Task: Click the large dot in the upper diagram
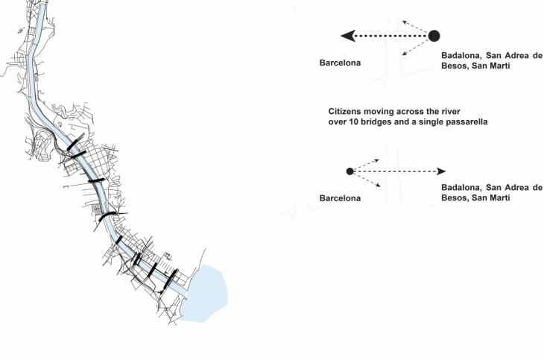point(434,35)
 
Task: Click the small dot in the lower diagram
point(350,171)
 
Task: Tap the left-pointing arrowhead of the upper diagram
point(344,35)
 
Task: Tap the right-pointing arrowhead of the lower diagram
point(441,171)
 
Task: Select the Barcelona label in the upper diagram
point(341,63)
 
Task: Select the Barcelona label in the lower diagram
point(341,198)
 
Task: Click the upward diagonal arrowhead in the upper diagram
point(403,22)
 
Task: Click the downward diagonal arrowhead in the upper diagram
point(402,54)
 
